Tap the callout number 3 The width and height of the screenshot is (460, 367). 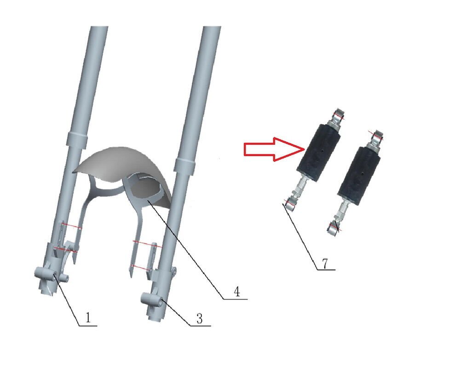pos(200,318)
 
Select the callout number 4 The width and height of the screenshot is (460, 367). pos(237,292)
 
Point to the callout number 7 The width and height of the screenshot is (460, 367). pos(325,263)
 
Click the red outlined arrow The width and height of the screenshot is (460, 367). pos(274,149)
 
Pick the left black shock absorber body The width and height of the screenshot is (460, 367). pos(318,152)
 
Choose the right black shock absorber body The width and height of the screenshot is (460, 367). pos(359,176)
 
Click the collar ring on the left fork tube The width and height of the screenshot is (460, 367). pos(77,140)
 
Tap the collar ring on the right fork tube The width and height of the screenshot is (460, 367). pos(184,165)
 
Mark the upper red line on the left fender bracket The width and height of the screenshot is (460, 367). pos(72,226)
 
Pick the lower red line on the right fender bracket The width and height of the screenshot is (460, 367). pos(140,267)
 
